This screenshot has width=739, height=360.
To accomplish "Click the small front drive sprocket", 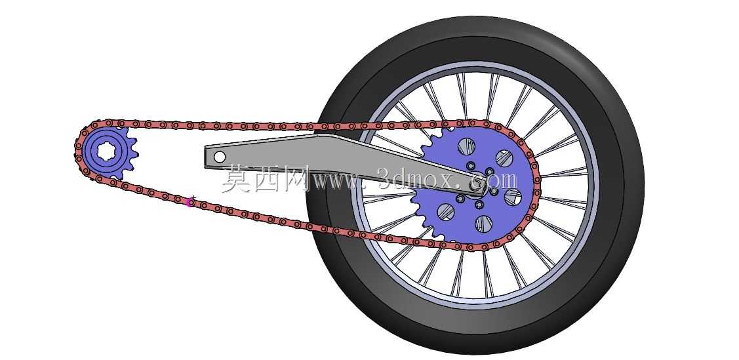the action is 110,151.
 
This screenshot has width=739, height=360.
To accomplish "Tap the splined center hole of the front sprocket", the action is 107,151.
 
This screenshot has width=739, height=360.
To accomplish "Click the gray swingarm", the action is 344,163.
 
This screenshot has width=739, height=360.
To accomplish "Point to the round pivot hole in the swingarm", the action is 220,157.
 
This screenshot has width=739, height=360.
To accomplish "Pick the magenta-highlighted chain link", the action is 190,203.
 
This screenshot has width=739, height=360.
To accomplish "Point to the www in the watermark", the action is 336,182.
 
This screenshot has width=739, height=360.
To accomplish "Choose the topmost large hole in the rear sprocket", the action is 466,146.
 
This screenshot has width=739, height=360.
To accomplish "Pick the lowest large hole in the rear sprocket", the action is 483,224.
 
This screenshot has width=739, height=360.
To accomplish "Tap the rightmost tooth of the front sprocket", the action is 135,153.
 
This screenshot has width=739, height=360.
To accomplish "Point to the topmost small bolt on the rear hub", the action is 470,165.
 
